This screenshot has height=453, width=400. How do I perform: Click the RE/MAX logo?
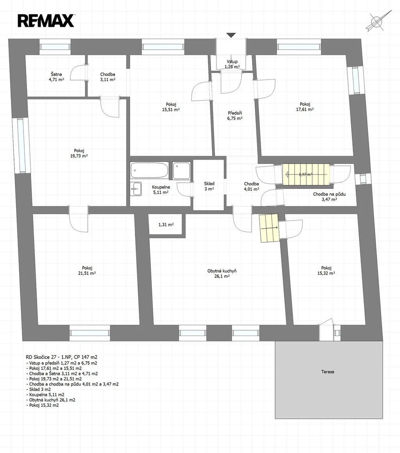(x=46, y=21)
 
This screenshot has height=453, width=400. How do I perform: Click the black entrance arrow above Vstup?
(x=231, y=35)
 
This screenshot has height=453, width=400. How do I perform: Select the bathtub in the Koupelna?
(x=149, y=170)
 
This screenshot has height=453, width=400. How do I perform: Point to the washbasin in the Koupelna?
(x=136, y=189)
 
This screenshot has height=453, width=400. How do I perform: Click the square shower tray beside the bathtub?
(x=181, y=171)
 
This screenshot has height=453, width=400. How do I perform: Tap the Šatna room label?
(x=56, y=74)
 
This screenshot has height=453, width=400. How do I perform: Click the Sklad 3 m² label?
(x=209, y=186)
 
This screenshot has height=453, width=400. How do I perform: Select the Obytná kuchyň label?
(x=222, y=271)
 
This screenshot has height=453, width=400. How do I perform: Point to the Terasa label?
(x=328, y=371)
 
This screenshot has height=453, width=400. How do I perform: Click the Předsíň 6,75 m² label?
(x=235, y=115)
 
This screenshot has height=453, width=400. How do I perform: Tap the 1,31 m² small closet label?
(x=166, y=224)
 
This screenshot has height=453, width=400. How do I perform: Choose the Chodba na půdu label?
(x=329, y=194)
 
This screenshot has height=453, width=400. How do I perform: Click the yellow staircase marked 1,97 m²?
(x=306, y=174)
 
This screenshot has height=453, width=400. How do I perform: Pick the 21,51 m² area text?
(x=87, y=273)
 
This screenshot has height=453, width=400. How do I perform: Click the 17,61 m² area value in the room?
(x=305, y=110)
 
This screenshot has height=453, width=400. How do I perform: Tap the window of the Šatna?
(x=55, y=47)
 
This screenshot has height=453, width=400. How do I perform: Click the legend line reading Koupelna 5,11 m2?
(x=45, y=394)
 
